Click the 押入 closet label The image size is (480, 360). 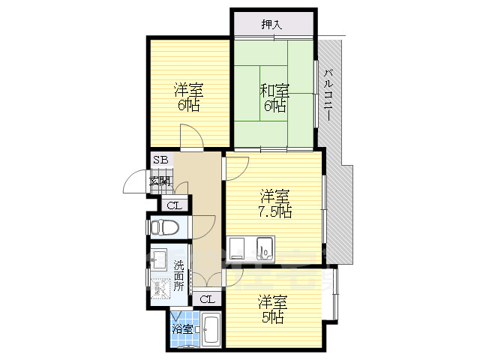point(271,25)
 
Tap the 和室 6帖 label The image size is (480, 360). point(274,97)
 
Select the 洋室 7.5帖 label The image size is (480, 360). point(275,203)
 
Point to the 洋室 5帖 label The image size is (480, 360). point(273,309)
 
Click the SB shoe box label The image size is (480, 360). point(160,160)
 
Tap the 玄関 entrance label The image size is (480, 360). point(160,181)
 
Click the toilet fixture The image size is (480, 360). point(164,227)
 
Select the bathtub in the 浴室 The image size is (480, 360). point(211,330)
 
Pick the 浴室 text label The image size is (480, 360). point(182,329)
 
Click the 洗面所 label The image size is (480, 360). point(178,275)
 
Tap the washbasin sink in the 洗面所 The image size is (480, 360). point(159,259)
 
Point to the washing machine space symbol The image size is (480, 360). point(160,288)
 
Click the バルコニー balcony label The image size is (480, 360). point(328,95)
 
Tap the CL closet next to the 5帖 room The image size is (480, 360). point(207,299)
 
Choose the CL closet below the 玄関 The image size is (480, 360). point(175,205)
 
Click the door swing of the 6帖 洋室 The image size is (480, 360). point(192,137)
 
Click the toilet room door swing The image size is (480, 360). point(203,227)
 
